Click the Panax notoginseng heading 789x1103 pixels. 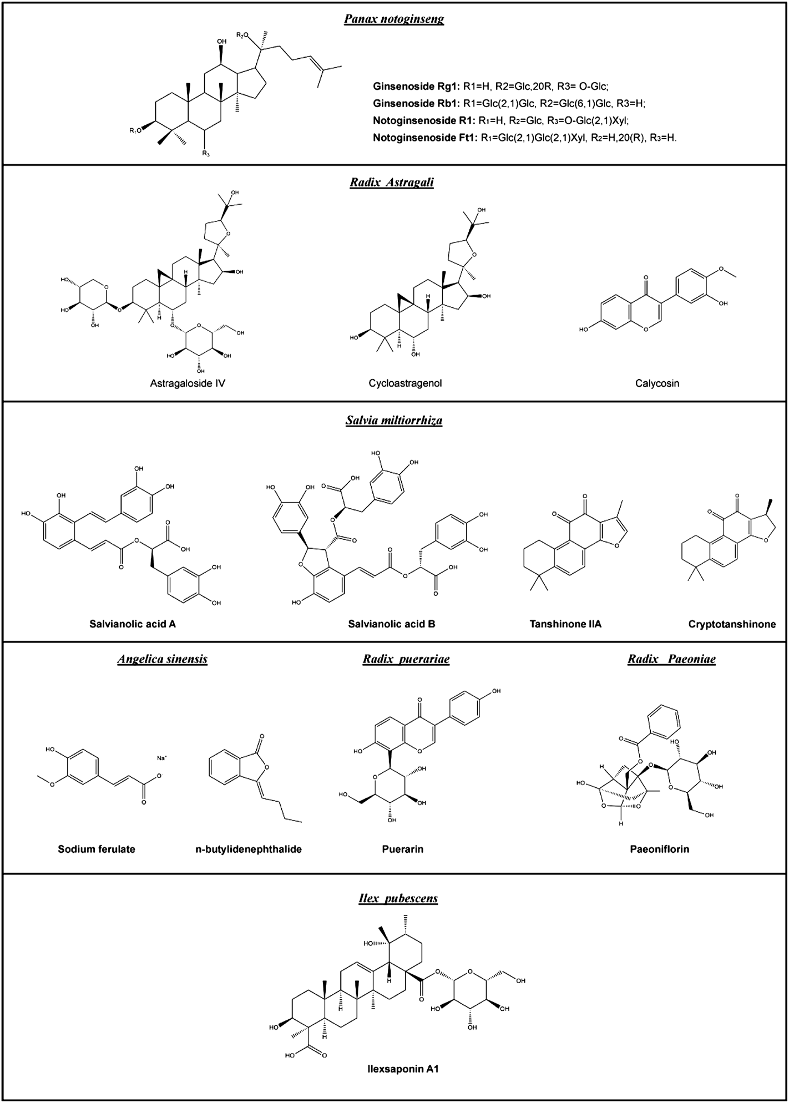click(x=394, y=20)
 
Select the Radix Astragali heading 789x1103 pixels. click(x=392, y=183)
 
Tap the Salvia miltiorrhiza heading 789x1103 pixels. click(x=394, y=420)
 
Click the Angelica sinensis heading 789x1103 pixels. click(x=163, y=659)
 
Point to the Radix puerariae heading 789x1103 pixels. click(x=406, y=659)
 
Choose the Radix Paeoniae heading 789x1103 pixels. click(x=671, y=659)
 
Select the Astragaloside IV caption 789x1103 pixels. click(x=188, y=383)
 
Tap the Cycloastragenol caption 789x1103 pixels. click(x=405, y=383)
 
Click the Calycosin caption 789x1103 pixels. click(x=657, y=383)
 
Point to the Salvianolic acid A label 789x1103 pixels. click(x=133, y=624)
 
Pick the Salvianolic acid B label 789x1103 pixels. click(x=392, y=624)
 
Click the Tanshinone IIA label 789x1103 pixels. click(x=565, y=624)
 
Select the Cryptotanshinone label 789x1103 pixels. click(x=732, y=624)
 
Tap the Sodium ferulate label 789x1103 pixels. click(x=97, y=849)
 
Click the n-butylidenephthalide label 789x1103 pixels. click(x=249, y=849)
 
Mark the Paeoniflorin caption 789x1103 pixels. click(x=660, y=849)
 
